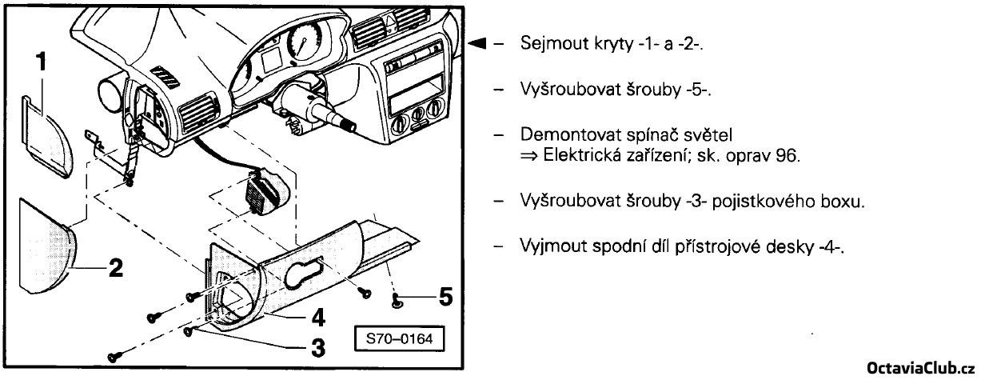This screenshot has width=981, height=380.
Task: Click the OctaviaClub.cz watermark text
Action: pos(921,366)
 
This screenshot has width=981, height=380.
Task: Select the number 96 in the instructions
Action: pos(788,154)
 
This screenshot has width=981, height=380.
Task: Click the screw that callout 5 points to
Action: pos(397,300)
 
